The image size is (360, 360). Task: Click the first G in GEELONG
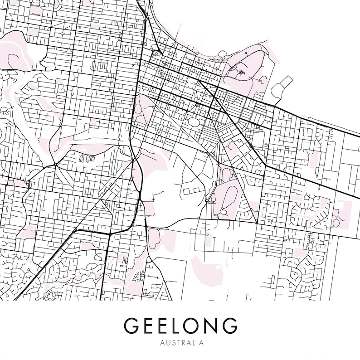tap(131, 326)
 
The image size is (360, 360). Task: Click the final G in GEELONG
tap(229, 326)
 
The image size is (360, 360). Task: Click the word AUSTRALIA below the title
tap(180, 343)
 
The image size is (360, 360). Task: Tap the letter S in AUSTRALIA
tap(171, 343)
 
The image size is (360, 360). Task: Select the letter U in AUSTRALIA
tap(166, 343)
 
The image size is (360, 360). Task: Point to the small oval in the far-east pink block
tap(336, 222)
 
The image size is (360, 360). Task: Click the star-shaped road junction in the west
tap(54, 164)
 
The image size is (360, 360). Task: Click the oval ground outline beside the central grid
tap(194, 122)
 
